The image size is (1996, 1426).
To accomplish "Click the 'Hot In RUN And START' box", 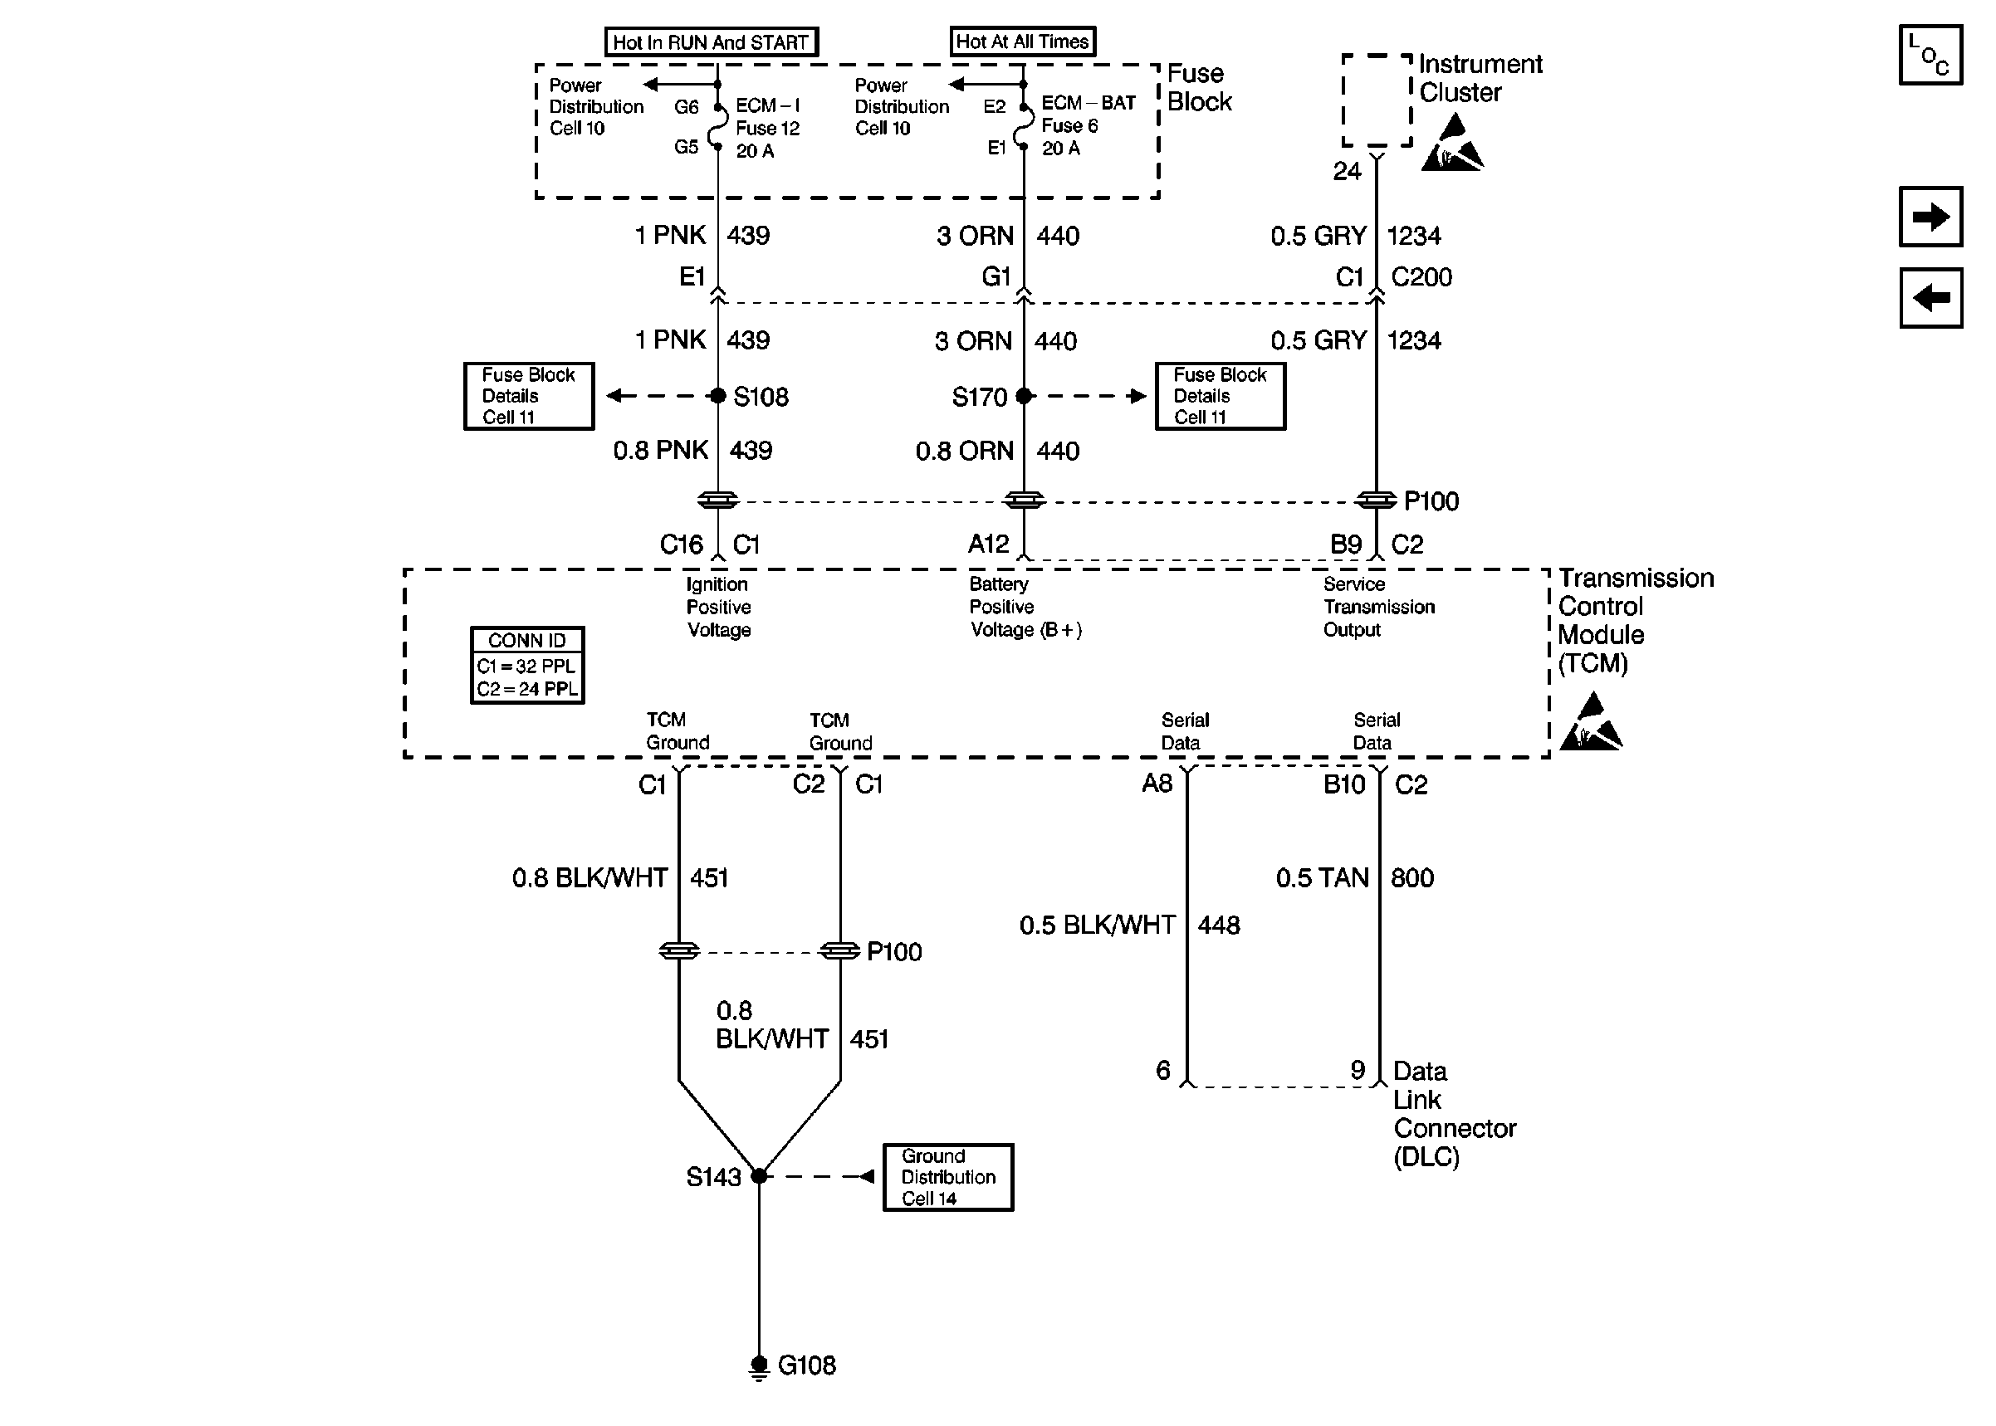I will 712,42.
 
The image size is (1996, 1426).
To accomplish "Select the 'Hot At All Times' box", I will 1022,42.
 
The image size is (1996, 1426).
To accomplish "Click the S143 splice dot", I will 759,1176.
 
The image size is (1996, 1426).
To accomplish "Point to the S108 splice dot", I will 717,396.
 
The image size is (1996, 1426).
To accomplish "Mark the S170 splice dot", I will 1023,396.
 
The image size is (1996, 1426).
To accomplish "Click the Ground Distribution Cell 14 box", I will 947,1178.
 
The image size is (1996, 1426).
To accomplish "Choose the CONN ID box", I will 527,665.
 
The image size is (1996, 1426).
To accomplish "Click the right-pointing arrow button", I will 1930,216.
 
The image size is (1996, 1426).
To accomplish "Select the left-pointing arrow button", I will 1930,298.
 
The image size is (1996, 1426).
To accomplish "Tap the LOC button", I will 1930,56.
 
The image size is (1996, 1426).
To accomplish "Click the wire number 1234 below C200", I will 1414,340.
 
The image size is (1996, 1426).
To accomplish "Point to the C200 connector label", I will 1421,277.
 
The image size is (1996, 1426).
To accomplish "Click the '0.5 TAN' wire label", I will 1322,878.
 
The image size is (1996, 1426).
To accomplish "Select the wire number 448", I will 1219,925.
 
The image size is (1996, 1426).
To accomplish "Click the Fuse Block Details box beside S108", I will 529,396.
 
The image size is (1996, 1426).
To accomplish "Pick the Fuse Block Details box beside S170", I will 1220,396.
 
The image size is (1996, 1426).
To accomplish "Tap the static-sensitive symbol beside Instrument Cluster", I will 1451,146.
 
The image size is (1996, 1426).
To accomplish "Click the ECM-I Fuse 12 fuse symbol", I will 717,127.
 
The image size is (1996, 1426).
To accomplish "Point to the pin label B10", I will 1343,784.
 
